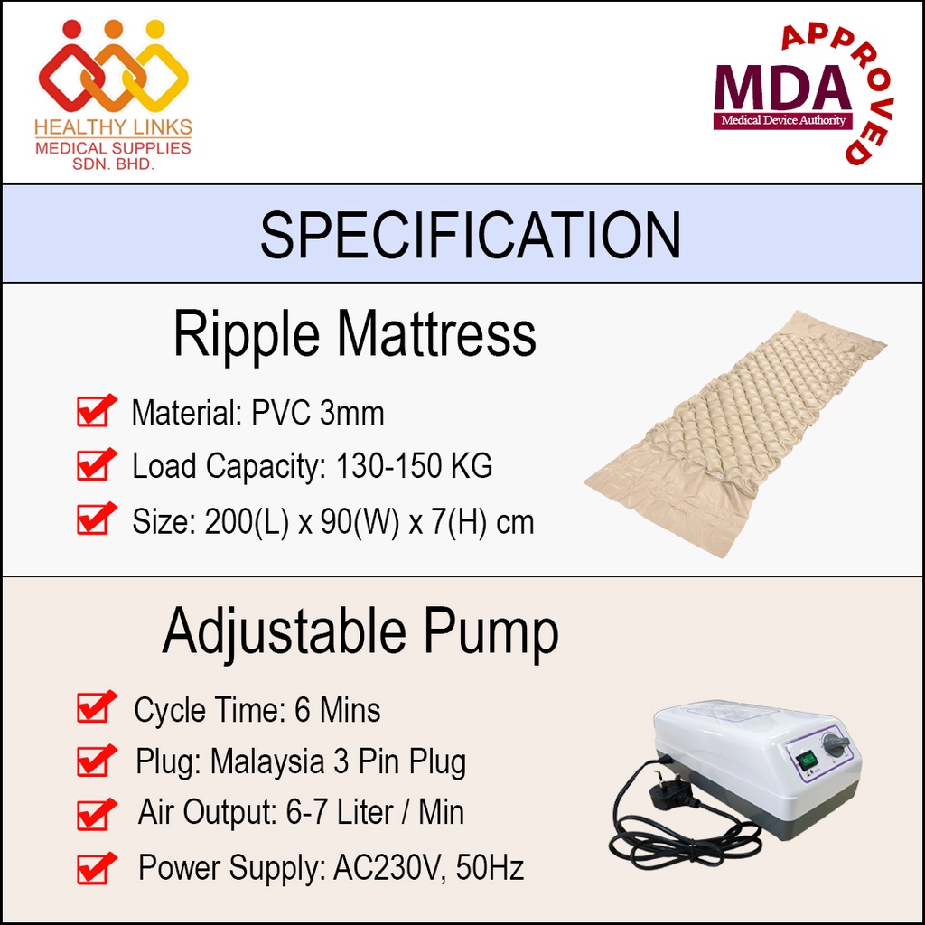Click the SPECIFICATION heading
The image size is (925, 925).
pyautogui.click(x=470, y=235)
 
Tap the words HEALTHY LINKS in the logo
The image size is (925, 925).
pyautogui.click(x=113, y=126)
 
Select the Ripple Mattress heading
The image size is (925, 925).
pyautogui.click(x=354, y=334)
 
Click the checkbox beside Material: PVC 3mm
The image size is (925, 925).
pyautogui.click(x=96, y=410)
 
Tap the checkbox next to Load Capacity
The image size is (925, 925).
pyautogui.click(x=96, y=463)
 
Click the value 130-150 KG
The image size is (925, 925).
pyautogui.click(x=414, y=466)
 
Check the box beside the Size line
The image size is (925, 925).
pyautogui.click(x=96, y=518)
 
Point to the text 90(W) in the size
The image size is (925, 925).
pyautogui.click(x=360, y=522)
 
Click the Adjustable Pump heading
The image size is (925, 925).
pyautogui.click(x=360, y=632)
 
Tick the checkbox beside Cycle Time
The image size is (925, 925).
pyautogui.click(x=96, y=706)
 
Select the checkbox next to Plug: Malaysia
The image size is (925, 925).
pyautogui.click(x=96, y=760)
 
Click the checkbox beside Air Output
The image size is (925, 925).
pyautogui.click(x=96, y=814)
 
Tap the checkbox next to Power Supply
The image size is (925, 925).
pyautogui.click(x=96, y=868)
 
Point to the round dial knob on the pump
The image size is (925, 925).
pyautogui.click(x=834, y=745)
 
